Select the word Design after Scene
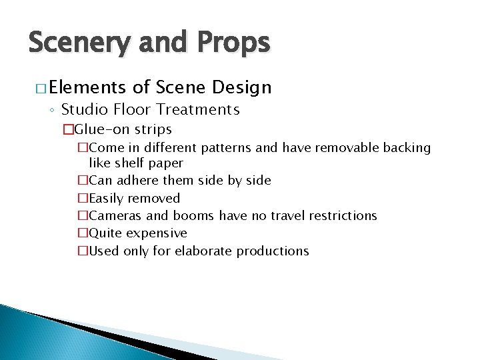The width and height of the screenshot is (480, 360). pos(243,87)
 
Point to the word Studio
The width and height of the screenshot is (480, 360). pos(82,109)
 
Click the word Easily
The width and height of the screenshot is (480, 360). pos(106,198)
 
